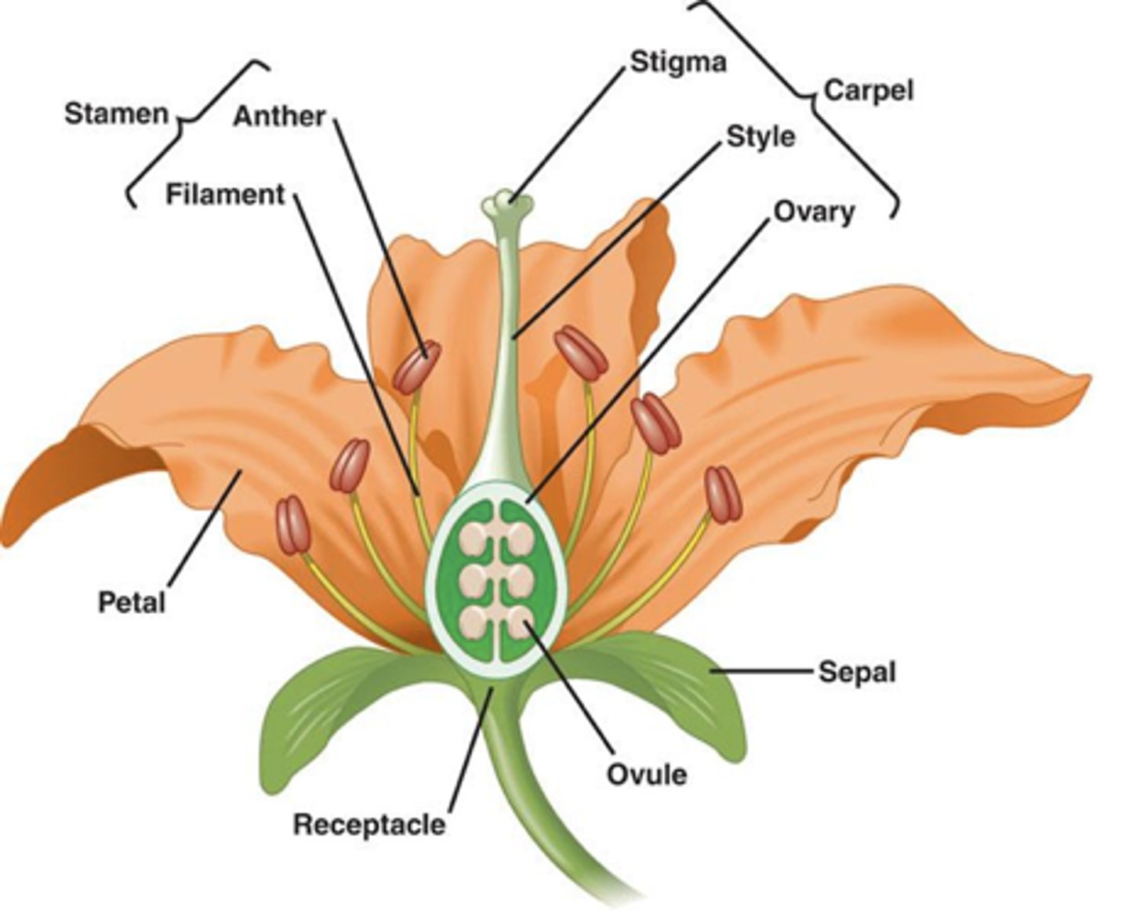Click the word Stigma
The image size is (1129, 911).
pos(678,62)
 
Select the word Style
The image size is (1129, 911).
pos(761,136)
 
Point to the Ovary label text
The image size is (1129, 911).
pos(814,212)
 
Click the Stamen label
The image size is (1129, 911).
pos(116,114)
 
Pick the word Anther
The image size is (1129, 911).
pos(279,116)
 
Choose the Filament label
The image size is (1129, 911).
pos(225,194)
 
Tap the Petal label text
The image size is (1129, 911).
pos(132,602)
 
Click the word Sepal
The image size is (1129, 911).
pos(856,672)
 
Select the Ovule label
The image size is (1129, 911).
pos(647,774)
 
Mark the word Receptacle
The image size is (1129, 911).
pos(368,824)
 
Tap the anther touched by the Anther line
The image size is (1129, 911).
pos(416,367)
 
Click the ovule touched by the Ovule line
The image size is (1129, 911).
pos(519,621)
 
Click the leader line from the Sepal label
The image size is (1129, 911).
pos(761,671)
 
